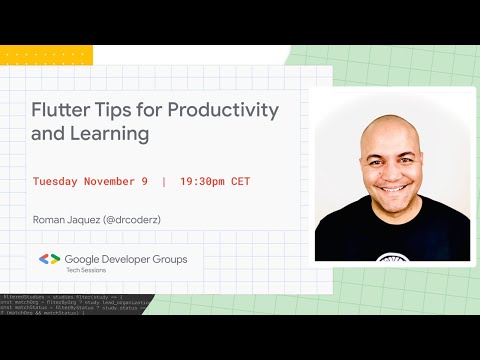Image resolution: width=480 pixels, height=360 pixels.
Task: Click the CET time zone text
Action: [241, 182]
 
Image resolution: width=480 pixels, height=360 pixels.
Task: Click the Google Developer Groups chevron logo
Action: [50, 259]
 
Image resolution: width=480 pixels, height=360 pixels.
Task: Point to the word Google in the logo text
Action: [87, 259]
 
